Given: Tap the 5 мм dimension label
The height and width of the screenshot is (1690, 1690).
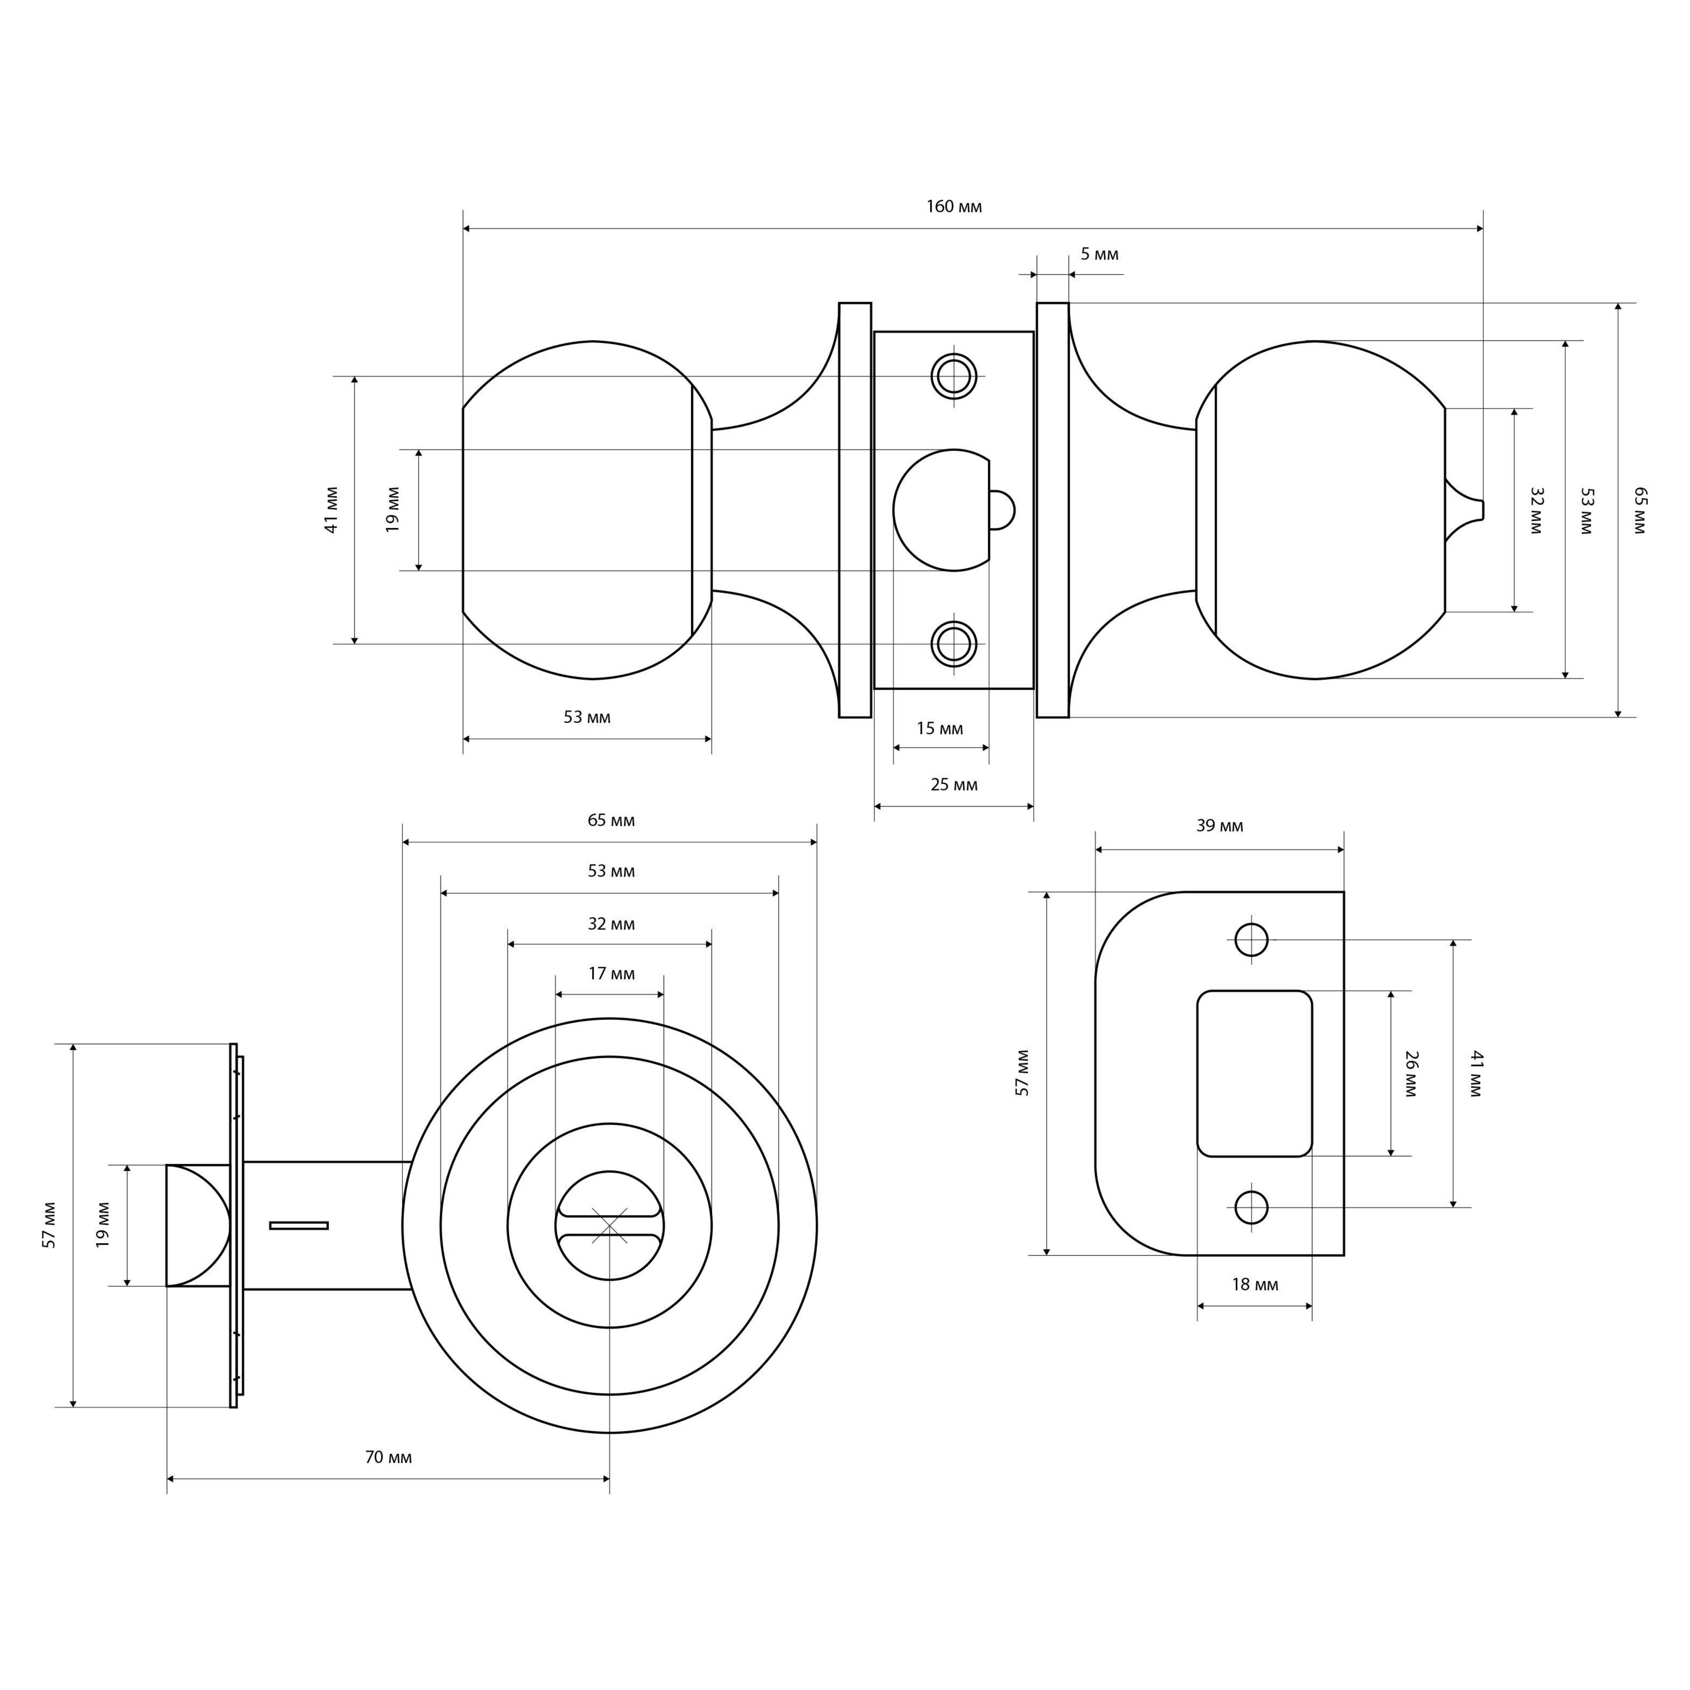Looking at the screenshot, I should click(x=1099, y=254).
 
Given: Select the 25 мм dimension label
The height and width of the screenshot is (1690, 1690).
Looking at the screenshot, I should click(x=954, y=785).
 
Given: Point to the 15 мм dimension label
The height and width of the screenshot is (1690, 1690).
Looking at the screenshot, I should click(x=940, y=729).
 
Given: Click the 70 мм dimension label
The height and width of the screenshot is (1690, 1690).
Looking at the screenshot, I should click(x=388, y=1457).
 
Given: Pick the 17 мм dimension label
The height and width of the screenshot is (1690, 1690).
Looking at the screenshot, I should click(x=611, y=974).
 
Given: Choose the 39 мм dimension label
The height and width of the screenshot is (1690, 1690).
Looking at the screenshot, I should click(x=1220, y=826).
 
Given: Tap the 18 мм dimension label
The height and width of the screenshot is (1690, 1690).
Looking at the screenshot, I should click(x=1254, y=1285).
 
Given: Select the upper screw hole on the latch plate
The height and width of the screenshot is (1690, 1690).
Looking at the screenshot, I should click(x=954, y=376).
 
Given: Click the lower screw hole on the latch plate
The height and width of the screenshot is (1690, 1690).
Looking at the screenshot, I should click(x=954, y=644).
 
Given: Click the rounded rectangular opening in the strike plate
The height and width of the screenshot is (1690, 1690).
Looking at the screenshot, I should click(x=1254, y=1073).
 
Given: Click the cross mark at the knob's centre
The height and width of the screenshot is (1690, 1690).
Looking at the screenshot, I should click(x=610, y=1226).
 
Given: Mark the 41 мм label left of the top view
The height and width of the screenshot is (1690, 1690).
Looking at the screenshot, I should click(x=332, y=510).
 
